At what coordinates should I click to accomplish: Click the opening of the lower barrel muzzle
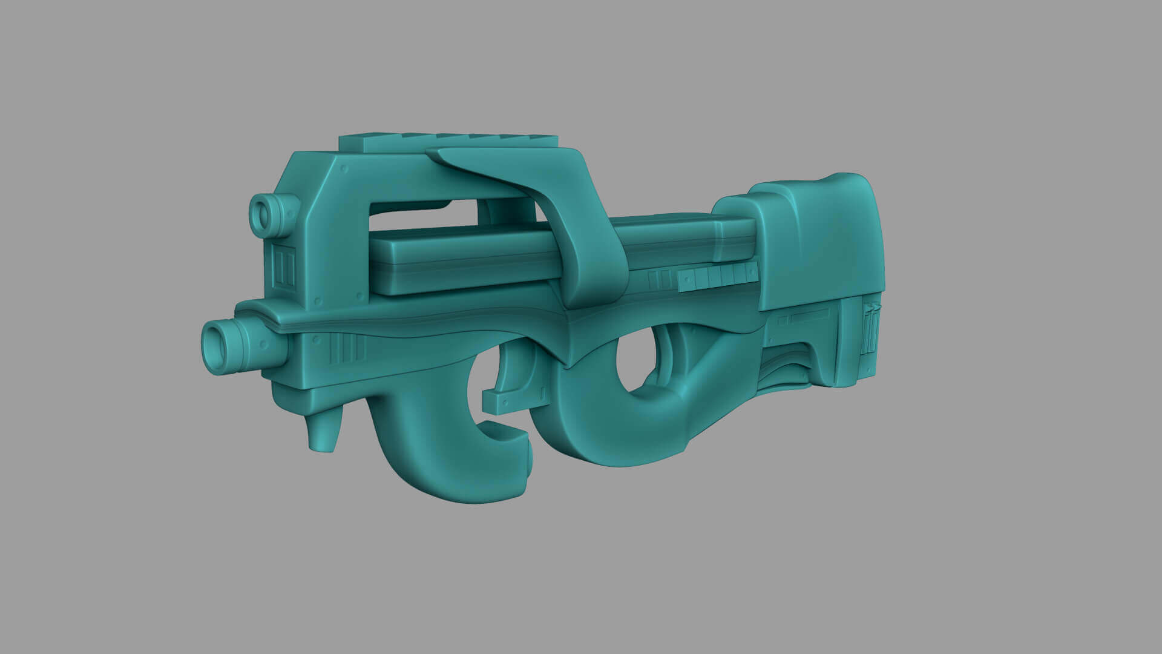[216, 347]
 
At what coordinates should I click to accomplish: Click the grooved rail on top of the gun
[448, 142]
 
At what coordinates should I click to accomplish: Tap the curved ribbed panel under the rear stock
[787, 369]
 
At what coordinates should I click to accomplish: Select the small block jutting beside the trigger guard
[502, 401]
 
